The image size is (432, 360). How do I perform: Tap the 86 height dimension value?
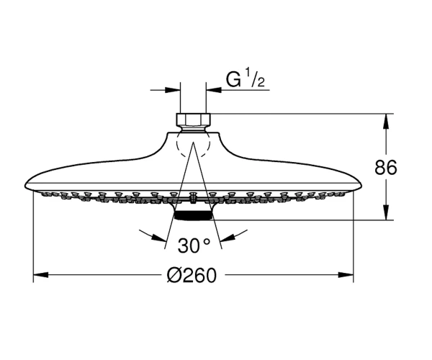click(x=386, y=167)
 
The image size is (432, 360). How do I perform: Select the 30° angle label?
click(x=194, y=246)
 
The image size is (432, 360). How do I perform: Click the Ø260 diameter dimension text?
click(x=192, y=275)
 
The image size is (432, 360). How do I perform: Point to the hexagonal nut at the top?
click(x=193, y=120)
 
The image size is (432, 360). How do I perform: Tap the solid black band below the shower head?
click(x=193, y=216)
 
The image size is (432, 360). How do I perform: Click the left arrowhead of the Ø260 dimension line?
click(x=40, y=274)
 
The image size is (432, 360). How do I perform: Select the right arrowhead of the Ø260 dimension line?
click(x=346, y=274)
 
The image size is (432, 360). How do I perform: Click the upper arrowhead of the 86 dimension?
click(x=386, y=121)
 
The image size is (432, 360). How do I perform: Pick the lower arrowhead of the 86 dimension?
click(x=386, y=212)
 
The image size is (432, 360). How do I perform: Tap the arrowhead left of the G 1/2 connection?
click(x=173, y=90)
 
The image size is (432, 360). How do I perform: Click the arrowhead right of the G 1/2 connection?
click(x=214, y=90)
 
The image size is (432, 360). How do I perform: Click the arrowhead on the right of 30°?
click(x=228, y=238)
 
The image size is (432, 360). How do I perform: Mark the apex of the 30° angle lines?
click(x=194, y=142)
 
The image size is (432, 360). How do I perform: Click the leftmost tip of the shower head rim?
click(x=24, y=186)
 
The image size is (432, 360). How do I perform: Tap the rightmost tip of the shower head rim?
click(x=361, y=186)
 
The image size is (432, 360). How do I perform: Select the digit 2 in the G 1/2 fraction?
click(x=261, y=82)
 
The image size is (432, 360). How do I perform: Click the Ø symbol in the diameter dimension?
click(x=174, y=275)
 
